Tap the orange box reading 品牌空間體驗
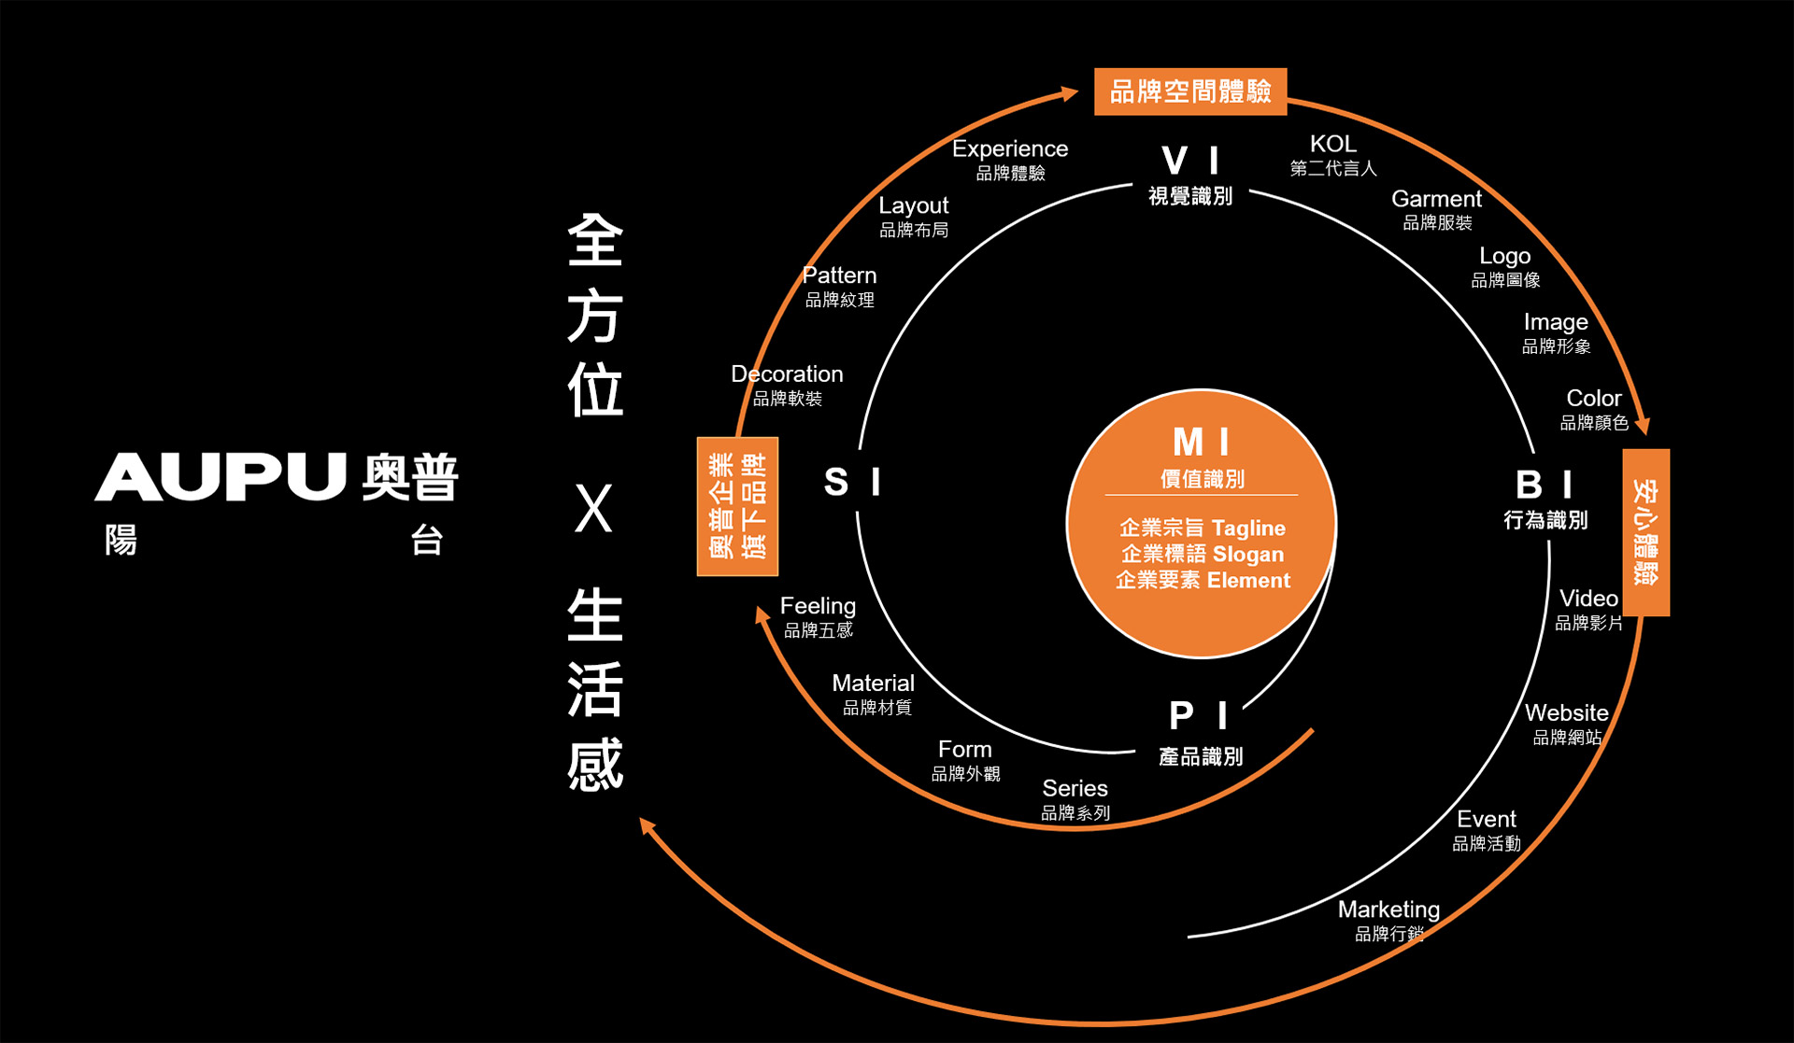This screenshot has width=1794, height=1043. coord(1189,92)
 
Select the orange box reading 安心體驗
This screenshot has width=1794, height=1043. coord(1645,532)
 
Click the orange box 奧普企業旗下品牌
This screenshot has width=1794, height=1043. coord(737,506)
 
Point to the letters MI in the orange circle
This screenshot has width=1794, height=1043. coord(1201,442)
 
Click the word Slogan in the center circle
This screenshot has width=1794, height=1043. coord(1247,554)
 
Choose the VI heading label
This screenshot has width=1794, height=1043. coord(1189,161)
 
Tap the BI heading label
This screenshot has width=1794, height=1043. coord(1544,485)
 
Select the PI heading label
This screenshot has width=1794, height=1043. coord(1198,716)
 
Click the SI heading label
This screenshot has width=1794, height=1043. coord(851,482)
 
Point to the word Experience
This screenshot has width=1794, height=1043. coord(1009,148)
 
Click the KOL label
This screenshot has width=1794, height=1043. coord(1332,144)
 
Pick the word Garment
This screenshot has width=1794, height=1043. coord(1436,199)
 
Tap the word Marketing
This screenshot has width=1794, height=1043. coord(1388,909)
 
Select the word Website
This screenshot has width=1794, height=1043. coord(1566,712)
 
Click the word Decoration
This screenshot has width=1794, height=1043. coord(787,374)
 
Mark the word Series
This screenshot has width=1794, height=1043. coord(1075,788)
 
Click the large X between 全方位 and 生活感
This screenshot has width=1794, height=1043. coord(593,509)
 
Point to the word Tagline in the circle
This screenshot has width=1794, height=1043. coord(1248,528)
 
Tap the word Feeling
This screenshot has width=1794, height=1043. coord(818,605)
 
